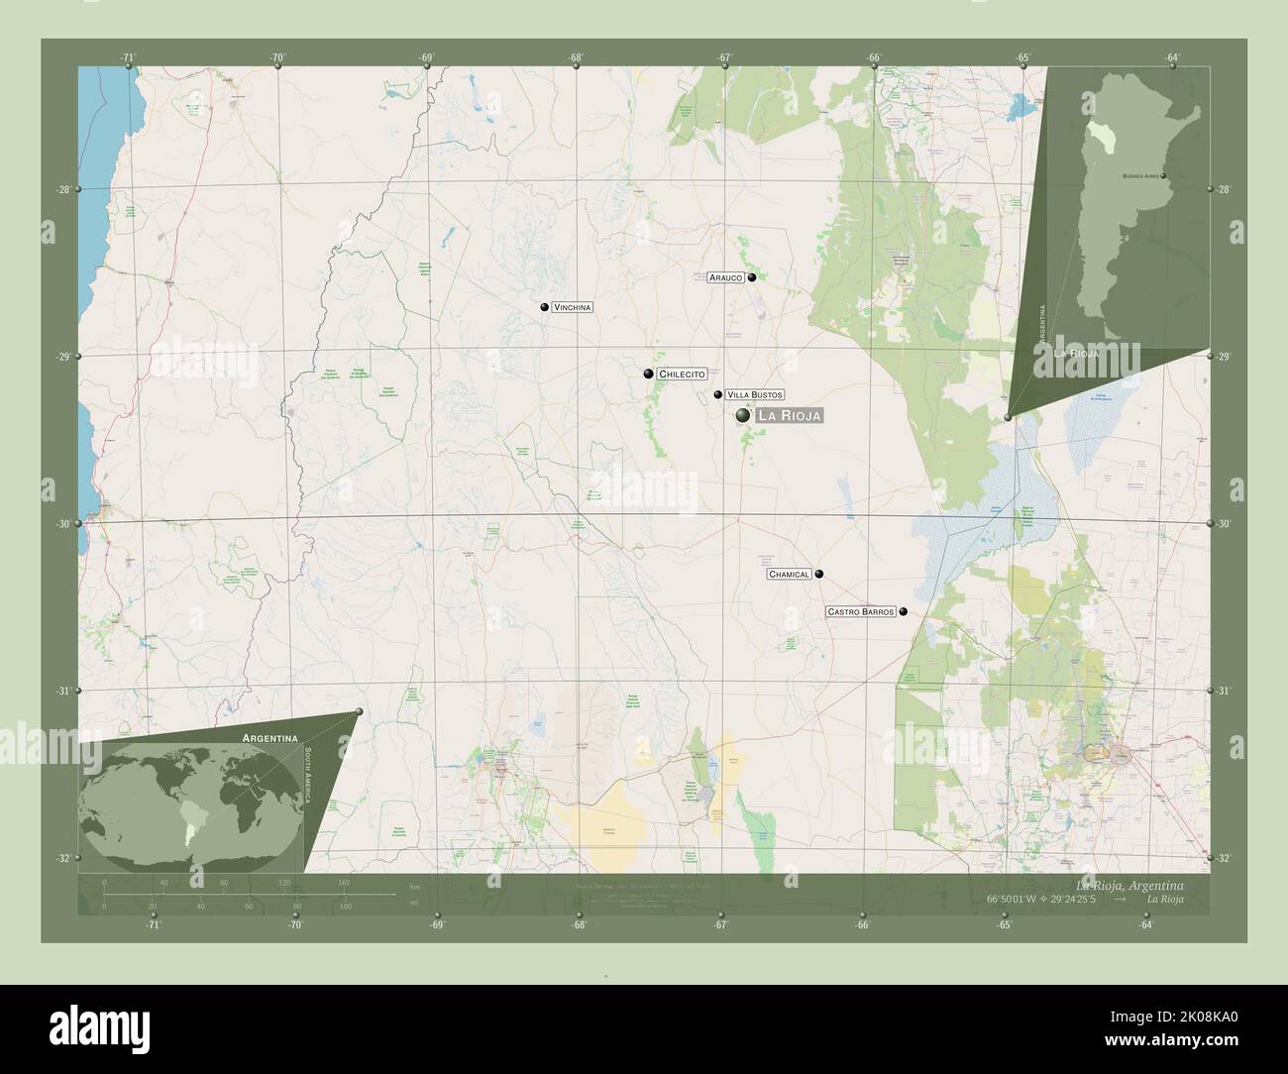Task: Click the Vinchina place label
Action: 572,307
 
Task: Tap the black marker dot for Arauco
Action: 752,278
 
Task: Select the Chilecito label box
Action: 681,375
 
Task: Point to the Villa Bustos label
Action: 755,394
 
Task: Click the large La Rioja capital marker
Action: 743,417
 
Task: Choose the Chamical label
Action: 790,575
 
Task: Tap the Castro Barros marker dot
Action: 903,612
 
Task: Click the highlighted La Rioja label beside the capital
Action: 789,417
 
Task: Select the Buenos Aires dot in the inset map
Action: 1163,176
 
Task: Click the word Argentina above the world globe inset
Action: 270,739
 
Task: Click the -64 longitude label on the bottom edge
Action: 1146,924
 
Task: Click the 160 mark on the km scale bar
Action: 344,882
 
